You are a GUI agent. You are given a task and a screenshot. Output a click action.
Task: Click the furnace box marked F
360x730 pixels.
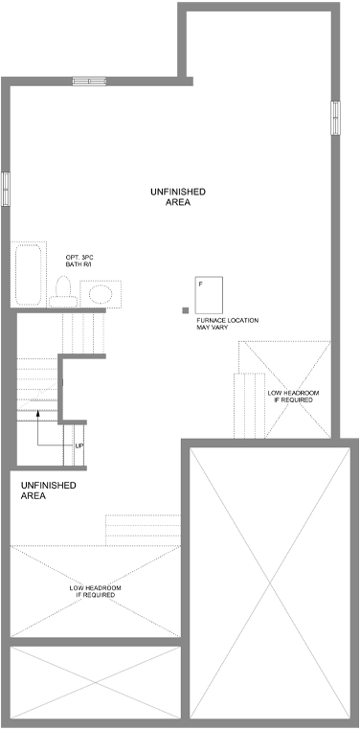tap(209, 295)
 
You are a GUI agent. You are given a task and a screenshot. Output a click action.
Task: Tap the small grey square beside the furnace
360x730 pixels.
tap(186, 310)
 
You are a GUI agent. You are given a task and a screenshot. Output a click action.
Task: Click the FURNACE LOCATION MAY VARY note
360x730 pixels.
tap(228, 324)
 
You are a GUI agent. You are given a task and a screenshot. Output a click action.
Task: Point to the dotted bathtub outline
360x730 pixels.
tap(29, 274)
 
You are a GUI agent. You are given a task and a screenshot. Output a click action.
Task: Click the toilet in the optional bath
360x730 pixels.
tap(63, 292)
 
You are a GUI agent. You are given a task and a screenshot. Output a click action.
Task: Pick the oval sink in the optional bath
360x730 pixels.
tap(101, 295)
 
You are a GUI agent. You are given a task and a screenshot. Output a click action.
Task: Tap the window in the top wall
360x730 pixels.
tap(89, 81)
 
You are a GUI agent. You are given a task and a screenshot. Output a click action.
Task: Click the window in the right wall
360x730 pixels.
tap(335, 118)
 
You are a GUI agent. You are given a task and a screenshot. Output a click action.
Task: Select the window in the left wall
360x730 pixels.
tap(5, 189)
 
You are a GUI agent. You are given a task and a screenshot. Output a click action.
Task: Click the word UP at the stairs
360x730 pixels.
tap(79, 446)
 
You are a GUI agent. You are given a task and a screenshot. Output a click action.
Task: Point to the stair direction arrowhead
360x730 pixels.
tap(38, 413)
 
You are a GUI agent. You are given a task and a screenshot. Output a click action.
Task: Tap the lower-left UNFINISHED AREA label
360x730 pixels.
tap(49, 490)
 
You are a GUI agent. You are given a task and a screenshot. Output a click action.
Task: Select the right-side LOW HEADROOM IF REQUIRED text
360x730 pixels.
tap(294, 397)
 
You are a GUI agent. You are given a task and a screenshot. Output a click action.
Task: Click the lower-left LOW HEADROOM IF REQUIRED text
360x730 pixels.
tap(96, 592)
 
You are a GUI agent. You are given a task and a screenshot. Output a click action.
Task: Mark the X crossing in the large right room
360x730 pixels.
tap(270, 582)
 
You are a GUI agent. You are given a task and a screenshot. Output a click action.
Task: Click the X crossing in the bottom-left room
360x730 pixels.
tap(96, 682)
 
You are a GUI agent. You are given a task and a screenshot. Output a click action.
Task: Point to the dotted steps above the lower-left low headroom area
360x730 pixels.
tap(143, 530)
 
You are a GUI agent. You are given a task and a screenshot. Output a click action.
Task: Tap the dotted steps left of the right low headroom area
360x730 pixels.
tap(249, 405)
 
